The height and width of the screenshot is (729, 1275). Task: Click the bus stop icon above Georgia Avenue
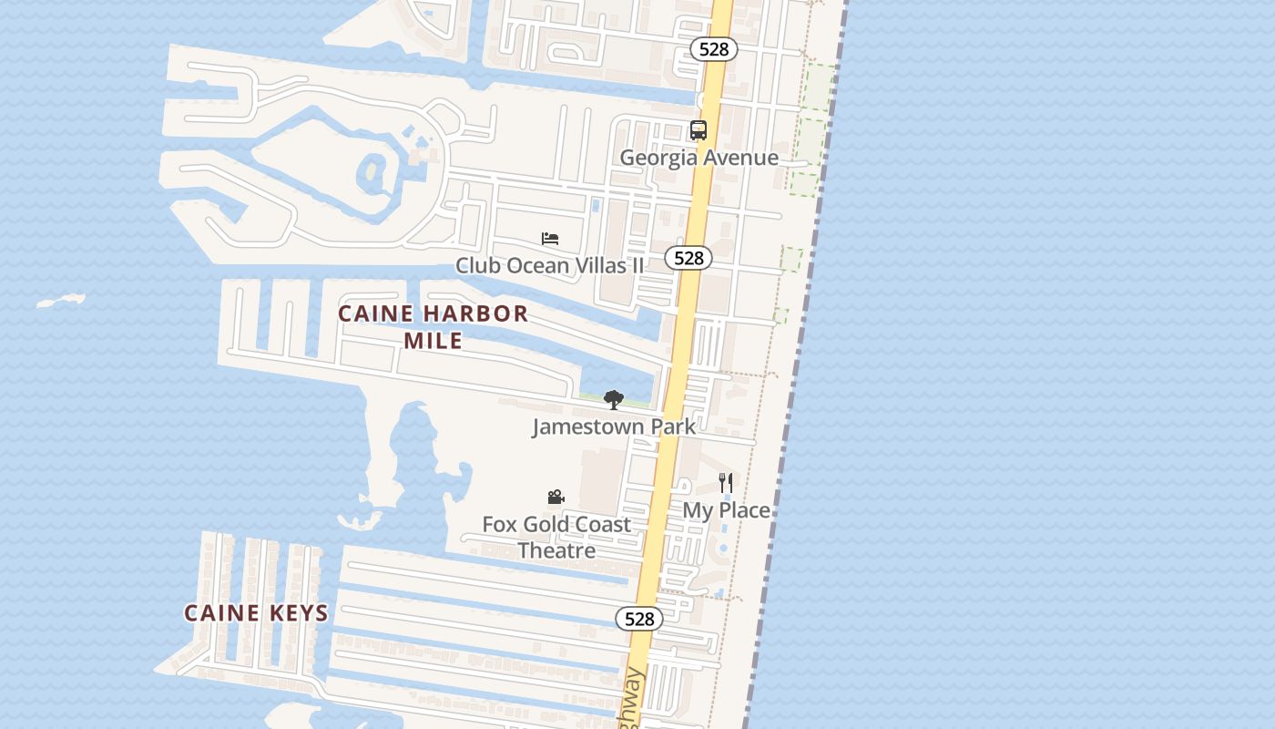699,130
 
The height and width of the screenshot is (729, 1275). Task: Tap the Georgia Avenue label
699,158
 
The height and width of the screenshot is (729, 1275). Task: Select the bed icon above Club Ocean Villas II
550,239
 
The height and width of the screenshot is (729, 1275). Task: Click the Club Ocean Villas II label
549,265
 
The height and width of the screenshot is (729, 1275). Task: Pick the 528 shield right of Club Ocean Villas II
688,258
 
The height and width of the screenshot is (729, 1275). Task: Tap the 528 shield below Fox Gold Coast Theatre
639,619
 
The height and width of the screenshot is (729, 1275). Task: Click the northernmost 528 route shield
713,49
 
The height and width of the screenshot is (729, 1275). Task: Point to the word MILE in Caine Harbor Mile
433,341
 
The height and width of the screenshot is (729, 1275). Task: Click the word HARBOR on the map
481,314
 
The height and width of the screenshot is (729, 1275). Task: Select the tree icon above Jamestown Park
614,399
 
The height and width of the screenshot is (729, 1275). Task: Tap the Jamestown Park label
614,426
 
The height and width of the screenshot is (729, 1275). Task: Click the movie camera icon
556,498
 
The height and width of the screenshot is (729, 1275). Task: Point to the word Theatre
556,550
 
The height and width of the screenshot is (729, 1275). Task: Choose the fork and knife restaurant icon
726,483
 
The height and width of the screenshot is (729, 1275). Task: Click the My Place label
726,510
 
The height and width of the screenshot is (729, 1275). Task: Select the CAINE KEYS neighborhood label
256,613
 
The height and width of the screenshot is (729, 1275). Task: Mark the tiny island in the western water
61,301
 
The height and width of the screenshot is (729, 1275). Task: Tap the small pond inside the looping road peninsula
372,170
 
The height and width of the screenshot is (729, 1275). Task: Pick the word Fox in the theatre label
499,525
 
